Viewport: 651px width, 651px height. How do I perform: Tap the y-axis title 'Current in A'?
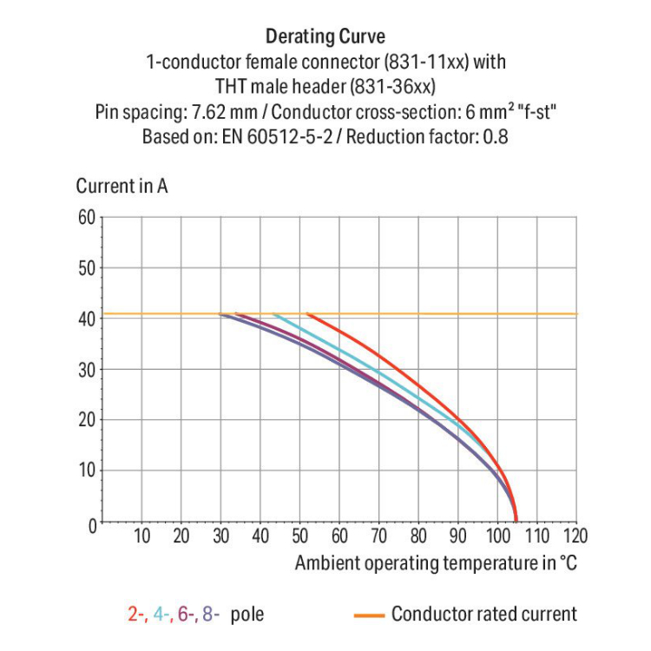coord(122,186)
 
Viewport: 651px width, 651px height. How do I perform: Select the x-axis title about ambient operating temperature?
coord(436,563)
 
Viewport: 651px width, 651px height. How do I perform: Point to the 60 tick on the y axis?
coord(85,217)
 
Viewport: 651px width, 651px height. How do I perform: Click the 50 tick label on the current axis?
coord(85,267)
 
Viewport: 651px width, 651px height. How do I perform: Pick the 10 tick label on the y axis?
coord(85,471)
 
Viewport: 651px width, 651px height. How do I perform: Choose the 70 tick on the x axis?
coord(378,536)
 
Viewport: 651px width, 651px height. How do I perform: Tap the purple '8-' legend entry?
coord(211,615)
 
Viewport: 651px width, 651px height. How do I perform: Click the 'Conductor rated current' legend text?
coord(483,615)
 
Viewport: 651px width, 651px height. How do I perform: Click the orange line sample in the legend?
coord(369,615)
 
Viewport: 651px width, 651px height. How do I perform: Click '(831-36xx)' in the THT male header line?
coord(398,87)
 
